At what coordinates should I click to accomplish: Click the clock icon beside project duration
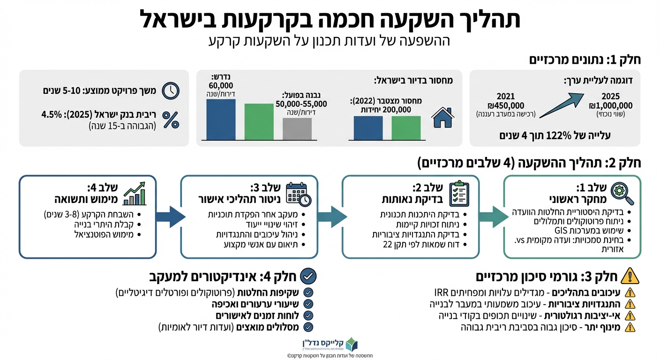click(171, 90)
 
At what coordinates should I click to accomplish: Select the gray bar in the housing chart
click(297, 128)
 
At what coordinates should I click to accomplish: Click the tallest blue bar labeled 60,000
click(221, 120)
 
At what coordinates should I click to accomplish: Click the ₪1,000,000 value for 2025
click(611, 105)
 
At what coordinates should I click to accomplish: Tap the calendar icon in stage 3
click(298, 193)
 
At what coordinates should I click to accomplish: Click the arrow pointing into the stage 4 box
click(168, 217)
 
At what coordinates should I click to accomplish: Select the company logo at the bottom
click(351, 346)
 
